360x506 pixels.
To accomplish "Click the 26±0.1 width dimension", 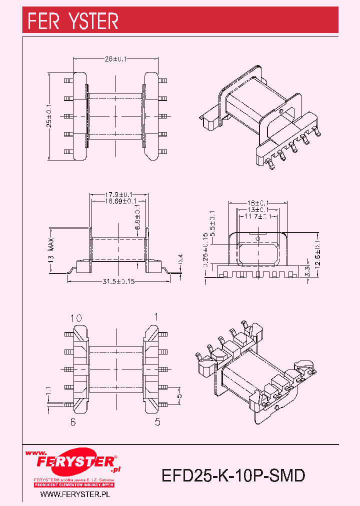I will pos(116,59).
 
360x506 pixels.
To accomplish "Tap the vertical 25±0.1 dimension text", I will pos(49,116).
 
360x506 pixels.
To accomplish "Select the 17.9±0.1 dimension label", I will pos(118,194).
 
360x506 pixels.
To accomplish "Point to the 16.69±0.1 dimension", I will pos(118,201).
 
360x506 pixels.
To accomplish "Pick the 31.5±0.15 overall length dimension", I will pos(119,281).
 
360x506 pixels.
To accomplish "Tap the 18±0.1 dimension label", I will pos(257,203).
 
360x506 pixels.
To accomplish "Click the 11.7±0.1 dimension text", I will pos(257,216).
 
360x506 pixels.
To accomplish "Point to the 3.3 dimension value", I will pos(308,271).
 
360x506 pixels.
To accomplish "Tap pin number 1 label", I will pos(156,316).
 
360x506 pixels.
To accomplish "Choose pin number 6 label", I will pos(73,422).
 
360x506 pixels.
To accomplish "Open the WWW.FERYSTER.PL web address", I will pos(74,494).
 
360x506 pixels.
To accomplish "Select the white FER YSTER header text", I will pos(73,21).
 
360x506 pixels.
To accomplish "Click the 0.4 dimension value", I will pos(181,258).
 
